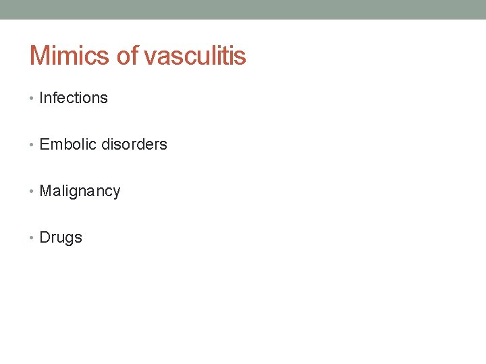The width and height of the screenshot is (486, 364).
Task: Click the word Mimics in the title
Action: click(71, 55)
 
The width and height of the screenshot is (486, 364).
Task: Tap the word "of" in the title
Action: click(127, 55)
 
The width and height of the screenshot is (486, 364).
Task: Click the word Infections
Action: click(74, 98)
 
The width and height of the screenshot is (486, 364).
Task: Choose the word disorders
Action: click(134, 144)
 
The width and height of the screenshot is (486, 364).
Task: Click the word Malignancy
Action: click(80, 191)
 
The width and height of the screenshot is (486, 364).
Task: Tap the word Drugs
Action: click(61, 237)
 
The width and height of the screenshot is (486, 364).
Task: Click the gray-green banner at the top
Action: click(243, 9)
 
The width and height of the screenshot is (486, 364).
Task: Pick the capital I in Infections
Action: click(42, 98)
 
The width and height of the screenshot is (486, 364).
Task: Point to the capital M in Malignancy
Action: click(46, 191)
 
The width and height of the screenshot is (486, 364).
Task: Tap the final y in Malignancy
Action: click(116, 193)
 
